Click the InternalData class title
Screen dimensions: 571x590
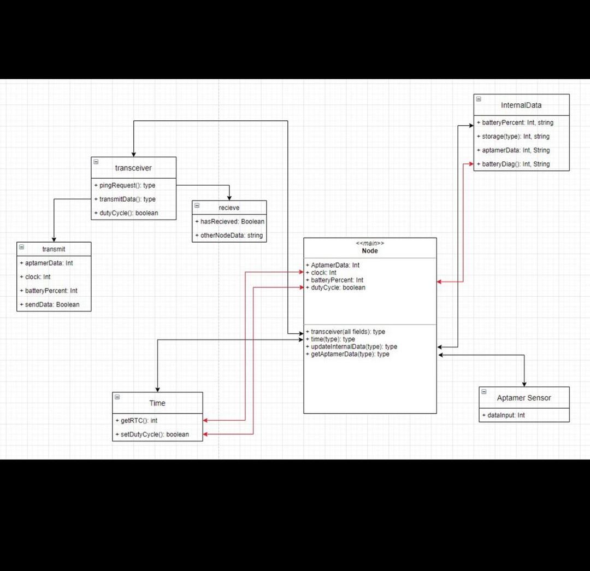(x=521, y=105)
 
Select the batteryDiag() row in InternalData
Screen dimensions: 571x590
(x=516, y=164)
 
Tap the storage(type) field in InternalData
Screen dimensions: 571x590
(x=516, y=137)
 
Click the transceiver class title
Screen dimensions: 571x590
(x=133, y=168)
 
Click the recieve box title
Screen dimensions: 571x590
(x=229, y=208)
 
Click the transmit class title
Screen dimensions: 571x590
(x=54, y=249)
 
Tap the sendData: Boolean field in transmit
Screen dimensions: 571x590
(x=52, y=304)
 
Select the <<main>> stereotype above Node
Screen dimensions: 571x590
(x=370, y=244)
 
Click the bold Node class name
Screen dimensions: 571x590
(x=370, y=251)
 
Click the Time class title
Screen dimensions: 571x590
(x=157, y=403)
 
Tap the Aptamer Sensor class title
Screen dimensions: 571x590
(x=524, y=398)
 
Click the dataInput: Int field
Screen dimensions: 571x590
(x=506, y=415)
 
